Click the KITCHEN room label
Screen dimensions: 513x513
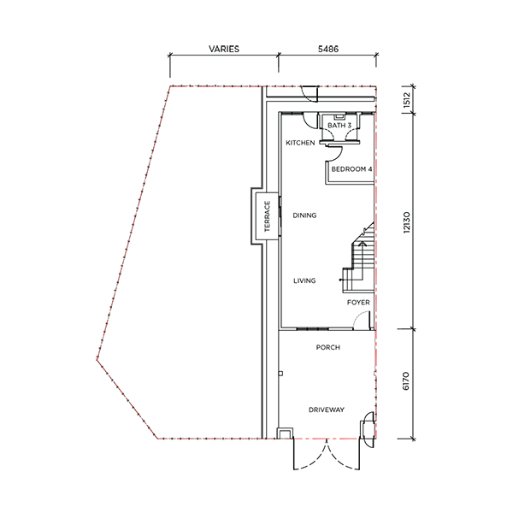click(x=300, y=143)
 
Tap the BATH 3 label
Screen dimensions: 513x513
click(x=339, y=126)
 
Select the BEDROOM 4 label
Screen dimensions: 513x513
click(x=351, y=169)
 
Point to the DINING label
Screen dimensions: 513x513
click(x=304, y=215)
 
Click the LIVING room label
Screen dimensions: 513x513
click(x=304, y=280)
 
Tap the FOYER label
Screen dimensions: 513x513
click(x=358, y=303)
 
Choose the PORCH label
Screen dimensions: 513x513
click(x=328, y=347)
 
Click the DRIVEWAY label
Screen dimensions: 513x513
click(x=327, y=410)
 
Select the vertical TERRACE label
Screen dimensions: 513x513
click(x=268, y=216)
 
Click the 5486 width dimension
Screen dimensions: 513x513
click(x=328, y=49)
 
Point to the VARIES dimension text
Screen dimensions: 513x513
click(x=224, y=49)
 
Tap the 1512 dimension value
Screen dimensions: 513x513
click(x=406, y=100)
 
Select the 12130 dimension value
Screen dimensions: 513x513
click(x=406, y=222)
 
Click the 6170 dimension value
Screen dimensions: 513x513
click(x=405, y=380)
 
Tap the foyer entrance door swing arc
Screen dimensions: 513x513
click(x=360, y=315)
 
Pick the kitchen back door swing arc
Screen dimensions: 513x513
click(x=308, y=124)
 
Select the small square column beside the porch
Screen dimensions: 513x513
click(x=280, y=374)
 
